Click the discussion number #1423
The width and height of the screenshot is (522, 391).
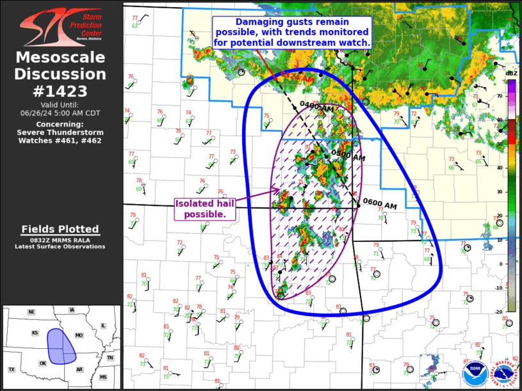[61, 91]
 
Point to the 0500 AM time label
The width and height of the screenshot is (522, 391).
[348, 156]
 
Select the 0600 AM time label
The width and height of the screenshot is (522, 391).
[380, 205]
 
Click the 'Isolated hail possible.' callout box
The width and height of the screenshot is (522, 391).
[205, 209]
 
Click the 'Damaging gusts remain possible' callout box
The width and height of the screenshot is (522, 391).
[292, 31]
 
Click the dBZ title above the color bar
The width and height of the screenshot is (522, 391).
[511, 74]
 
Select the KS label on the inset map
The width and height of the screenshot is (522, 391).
[36, 333]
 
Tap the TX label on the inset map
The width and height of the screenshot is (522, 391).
[12, 370]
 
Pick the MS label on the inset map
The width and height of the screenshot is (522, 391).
[102, 378]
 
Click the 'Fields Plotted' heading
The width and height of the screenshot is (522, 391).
[60, 229]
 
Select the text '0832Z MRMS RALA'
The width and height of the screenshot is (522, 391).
[60, 239]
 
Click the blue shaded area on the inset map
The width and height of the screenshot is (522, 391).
[61, 346]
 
